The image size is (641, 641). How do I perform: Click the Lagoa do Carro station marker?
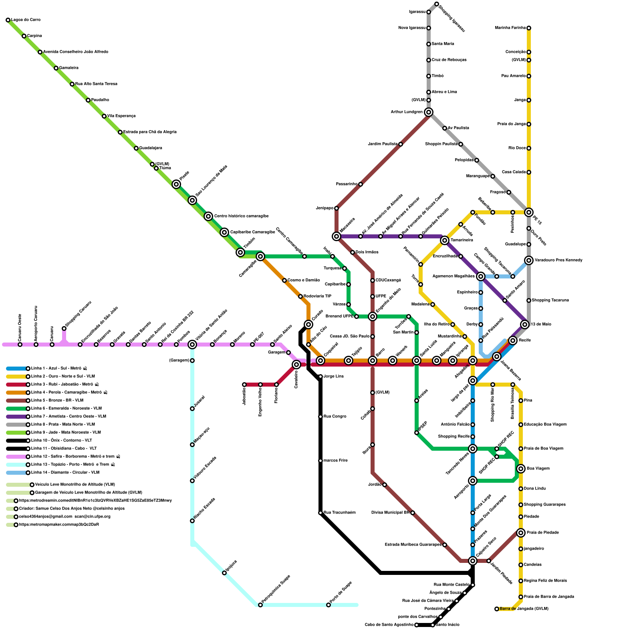[8, 20]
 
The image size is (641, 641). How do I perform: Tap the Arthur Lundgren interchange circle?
[429, 112]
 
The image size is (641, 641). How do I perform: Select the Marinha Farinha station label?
[510, 28]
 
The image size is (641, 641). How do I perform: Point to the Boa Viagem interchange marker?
[521, 469]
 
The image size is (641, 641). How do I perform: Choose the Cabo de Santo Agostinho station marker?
[417, 625]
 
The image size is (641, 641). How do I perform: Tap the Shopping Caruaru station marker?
[64, 329]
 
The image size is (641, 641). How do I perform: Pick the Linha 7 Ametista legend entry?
[68, 417]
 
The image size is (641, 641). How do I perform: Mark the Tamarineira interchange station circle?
[445, 240]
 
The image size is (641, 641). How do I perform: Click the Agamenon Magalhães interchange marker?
[481, 276]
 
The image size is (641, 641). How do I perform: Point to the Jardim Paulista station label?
[382, 144]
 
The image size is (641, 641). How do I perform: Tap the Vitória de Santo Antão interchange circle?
[192, 345]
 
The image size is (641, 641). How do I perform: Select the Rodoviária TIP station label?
[317, 296]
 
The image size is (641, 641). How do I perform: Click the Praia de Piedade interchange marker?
[521, 533]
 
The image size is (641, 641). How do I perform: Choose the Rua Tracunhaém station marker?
[320, 513]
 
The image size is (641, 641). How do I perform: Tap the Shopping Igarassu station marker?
[437, 4]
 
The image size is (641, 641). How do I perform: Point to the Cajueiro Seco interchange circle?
[473, 561]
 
